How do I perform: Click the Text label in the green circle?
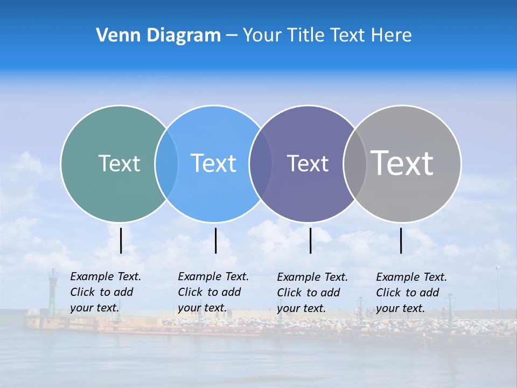[119, 163]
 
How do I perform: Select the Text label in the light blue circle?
[213, 163]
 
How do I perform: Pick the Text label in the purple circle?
[308, 164]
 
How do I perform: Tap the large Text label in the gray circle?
[402, 163]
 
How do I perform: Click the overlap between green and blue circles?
[166, 163]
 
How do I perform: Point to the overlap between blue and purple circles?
[261, 163]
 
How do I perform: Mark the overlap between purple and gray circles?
[355, 163]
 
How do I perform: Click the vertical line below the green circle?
[121, 240]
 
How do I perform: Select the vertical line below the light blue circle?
[215, 240]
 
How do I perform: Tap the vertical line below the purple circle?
[310, 240]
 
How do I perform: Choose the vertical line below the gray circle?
[401, 240]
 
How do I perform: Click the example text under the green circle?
[106, 292]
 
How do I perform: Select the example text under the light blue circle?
[213, 292]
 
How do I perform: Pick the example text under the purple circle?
[312, 293]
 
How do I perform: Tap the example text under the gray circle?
[411, 293]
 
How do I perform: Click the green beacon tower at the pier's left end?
[53, 291]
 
